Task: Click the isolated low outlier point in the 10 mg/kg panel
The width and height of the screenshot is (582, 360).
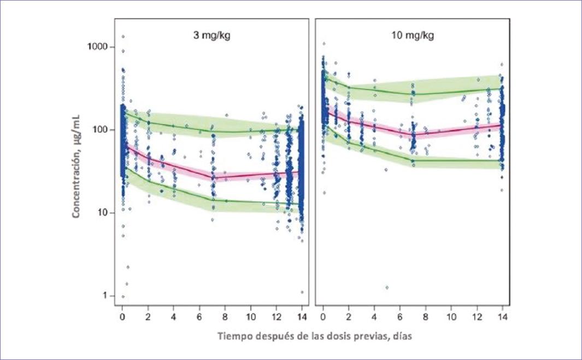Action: coord(387,287)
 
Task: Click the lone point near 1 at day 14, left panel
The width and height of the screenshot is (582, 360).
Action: coord(302,292)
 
